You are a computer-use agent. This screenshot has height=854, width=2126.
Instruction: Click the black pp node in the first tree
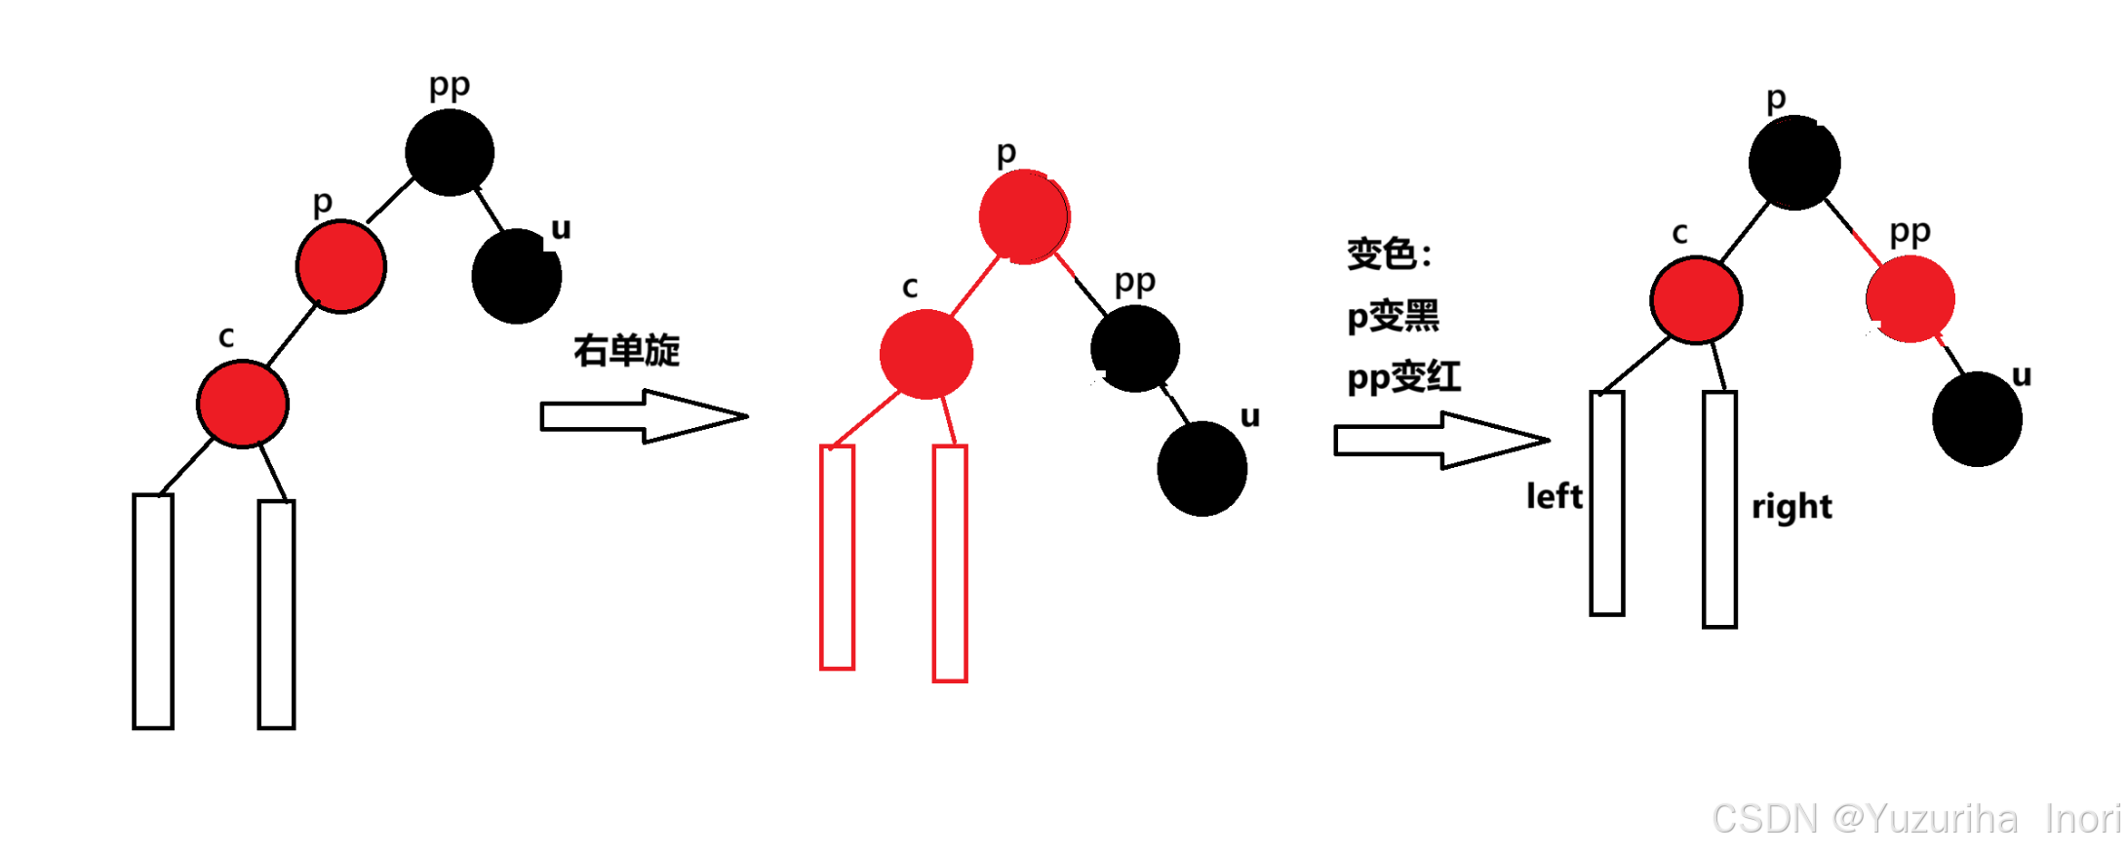click(450, 152)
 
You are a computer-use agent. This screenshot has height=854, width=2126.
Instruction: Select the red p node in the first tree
click(341, 266)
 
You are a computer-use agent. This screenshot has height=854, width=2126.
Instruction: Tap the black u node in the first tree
click(516, 276)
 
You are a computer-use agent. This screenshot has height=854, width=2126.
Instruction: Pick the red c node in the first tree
click(243, 404)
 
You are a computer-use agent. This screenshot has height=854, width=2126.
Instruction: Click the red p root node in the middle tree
click(1024, 216)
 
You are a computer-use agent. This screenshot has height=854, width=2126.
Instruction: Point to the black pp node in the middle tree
click(1135, 349)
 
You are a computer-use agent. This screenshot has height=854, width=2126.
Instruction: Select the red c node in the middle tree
click(925, 354)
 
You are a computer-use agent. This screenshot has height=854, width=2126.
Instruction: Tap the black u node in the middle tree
click(1201, 468)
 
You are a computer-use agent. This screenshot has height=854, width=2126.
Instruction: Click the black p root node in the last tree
click(1794, 162)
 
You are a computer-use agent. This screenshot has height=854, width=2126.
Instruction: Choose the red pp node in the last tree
click(1910, 298)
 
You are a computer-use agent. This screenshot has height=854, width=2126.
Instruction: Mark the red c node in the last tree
click(1696, 299)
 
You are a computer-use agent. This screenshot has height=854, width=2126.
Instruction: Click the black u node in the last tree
click(1977, 419)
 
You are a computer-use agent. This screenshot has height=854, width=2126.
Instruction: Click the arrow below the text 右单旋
click(644, 416)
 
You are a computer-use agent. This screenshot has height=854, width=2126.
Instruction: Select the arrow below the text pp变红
click(1440, 440)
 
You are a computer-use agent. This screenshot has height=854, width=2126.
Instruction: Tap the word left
click(1554, 496)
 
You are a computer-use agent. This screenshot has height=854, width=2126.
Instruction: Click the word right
click(1791, 507)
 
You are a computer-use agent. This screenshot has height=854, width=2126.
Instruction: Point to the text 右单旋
click(626, 350)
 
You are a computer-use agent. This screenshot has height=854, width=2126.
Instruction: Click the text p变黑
click(1393, 317)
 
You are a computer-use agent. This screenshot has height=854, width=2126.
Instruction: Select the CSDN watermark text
click(1916, 819)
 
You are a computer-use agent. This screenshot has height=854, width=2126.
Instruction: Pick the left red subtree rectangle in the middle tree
click(837, 558)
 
